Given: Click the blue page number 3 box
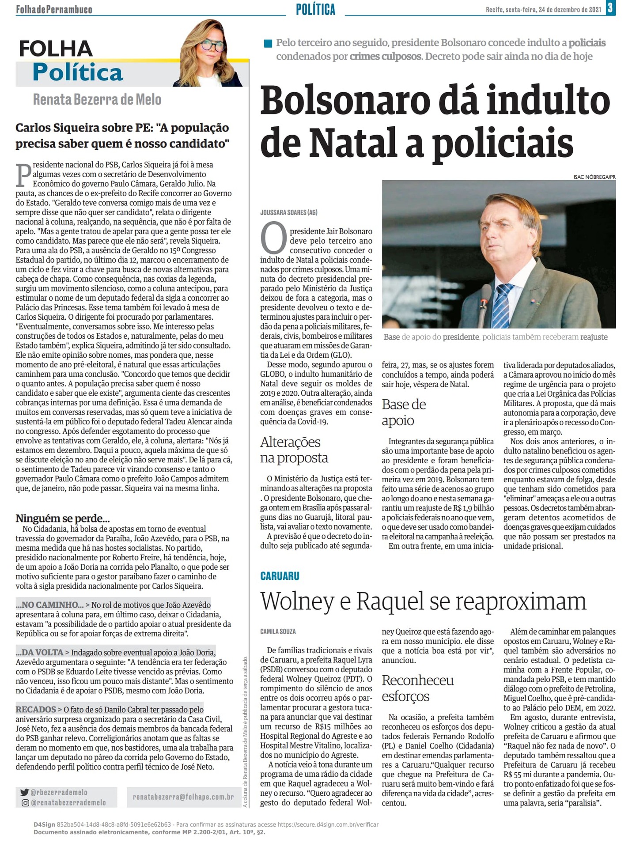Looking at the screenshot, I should point(611,8).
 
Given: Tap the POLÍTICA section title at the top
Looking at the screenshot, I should point(315,9).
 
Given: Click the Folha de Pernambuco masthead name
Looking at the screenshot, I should point(54,9).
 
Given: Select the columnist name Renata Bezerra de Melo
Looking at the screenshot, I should point(97,100).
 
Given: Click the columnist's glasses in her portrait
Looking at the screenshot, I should point(212,45).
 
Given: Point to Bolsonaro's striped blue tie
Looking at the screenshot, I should point(503,305).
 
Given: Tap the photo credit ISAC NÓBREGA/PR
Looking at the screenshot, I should point(594,177).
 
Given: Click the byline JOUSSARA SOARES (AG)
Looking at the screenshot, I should point(289,212).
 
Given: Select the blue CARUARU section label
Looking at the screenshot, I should point(280,576).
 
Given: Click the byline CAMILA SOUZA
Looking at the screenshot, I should point(278,631).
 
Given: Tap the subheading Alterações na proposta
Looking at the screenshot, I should point(294,450).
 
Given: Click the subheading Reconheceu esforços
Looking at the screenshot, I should point(417,688).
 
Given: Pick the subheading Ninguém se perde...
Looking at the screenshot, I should point(62,518).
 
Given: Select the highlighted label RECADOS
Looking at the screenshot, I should point(36,709).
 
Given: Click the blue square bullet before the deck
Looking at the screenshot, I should point(268,43).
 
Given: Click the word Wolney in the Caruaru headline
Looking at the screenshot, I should point(297,601).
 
